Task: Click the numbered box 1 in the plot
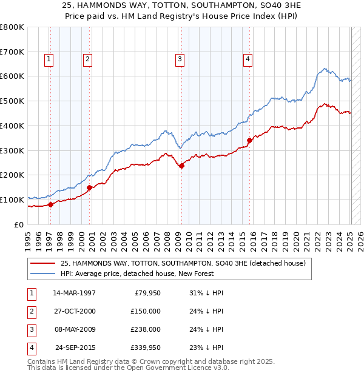click(48, 59)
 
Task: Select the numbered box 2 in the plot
click(87, 59)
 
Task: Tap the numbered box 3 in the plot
click(180, 59)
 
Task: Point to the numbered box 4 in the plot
click(248, 59)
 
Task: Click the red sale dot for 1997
click(51, 204)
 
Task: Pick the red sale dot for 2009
click(181, 166)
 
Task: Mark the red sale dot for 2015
click(249, 140)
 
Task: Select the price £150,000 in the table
click(146, 311)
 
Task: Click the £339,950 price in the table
click(146, 347)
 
